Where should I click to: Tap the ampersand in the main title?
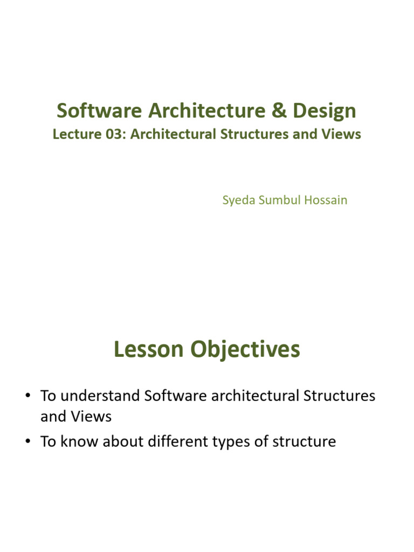pyautogui.click(x=279, y=111)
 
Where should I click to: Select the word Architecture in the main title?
pyautogui.click(x=206, y=111)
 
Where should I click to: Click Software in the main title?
pyautogui.click(x=99, y=111)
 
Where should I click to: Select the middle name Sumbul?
pyautogui.click(x=280, y=200)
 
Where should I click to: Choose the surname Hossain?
pyautogui.click(x=326, y=200)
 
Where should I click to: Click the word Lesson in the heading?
pyautogui.click(x=149, y=349)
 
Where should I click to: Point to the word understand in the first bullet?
pyautogui.click(x=100, y=396)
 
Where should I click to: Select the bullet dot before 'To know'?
pyautogui.click(x=28, y=441)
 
